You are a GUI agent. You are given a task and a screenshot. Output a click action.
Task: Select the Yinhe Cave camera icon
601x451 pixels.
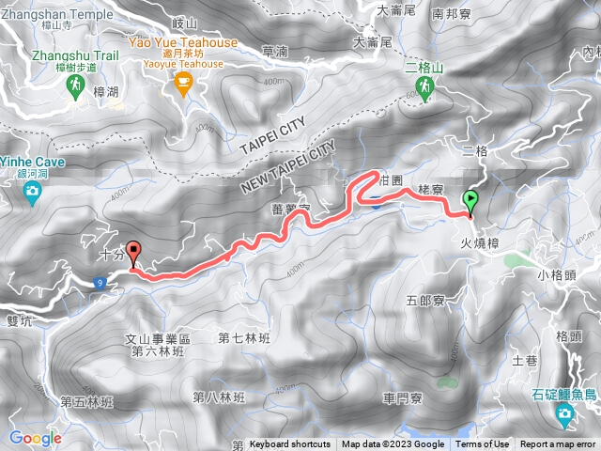33,193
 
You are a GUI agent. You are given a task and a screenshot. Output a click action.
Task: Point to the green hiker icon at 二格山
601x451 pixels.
424,89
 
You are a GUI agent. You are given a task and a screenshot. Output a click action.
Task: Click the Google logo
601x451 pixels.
35,438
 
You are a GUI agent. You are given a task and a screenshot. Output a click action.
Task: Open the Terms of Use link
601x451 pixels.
483,444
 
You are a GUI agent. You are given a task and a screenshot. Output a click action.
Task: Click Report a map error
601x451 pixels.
559,444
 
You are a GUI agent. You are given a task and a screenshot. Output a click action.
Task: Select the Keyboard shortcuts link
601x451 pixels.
290,444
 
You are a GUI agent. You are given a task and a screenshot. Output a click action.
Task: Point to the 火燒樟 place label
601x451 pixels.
479,241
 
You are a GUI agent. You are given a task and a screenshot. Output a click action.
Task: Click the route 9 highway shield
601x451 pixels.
99,281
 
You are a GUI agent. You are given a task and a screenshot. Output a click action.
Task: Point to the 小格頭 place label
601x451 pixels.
557,274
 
